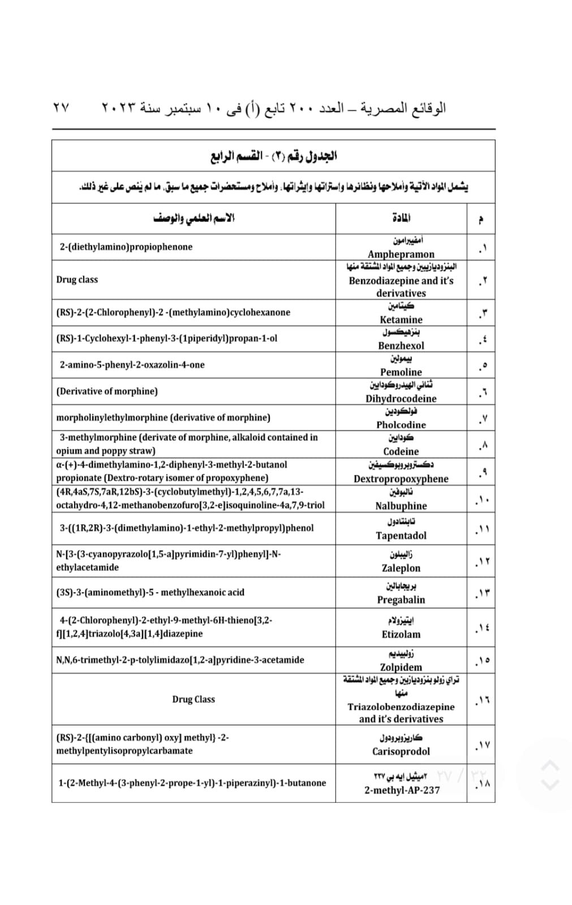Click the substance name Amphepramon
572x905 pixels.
coord(401,254)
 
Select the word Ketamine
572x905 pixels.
coord(401,320)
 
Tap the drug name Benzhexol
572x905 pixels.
coord(401,346)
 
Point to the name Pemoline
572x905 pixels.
coord(401,372)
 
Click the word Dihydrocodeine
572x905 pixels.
coord(401,398)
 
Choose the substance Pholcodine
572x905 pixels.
coord(401,425)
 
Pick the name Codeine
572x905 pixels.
coord(401,451)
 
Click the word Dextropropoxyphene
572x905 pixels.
coord(401,479)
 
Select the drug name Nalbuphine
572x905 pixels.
coord(401,506)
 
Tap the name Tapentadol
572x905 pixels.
coord(401,535)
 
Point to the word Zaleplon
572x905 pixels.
coord(401,568)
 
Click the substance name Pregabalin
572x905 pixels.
coord(401,600)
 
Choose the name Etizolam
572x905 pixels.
coord(401,634)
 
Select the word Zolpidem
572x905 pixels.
coord(401,667)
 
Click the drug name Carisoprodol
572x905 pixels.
coord(401,751)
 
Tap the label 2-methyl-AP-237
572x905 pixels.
coord(402,790)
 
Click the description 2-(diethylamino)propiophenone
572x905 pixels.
coord(126,247)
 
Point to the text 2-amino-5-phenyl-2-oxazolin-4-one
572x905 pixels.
coord(132,365)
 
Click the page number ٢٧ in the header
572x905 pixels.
coord(61,107)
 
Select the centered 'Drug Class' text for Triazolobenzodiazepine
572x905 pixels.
coord(193,699)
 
